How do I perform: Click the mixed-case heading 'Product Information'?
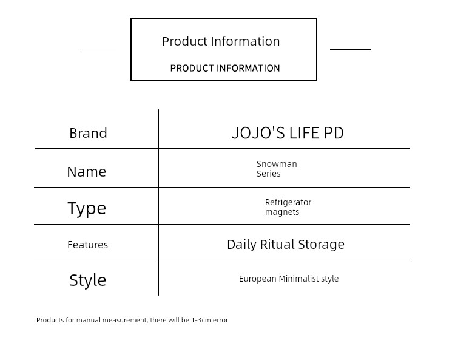tap(221, 41)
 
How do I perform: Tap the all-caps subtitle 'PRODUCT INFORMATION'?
tap(225, 68)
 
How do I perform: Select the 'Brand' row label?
tap(88, 133)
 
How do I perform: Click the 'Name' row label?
tap(87, 172)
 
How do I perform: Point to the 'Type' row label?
tap(87, 208)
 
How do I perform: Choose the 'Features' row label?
tap(87, 245)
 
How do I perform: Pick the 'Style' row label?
tap(87, 280)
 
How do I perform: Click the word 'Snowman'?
tap(277, 164)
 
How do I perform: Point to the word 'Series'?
tap(269, 174)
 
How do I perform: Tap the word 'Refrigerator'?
tap(288, 202)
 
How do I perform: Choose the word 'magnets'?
tap(282, 212)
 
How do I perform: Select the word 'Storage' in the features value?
tap(321, 245)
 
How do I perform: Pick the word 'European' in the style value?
tap(258, 279)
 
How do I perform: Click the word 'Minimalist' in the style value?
tap(298, 279)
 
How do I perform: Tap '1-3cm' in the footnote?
tap(201, 320)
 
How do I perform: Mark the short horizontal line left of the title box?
tap(97, 50)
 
